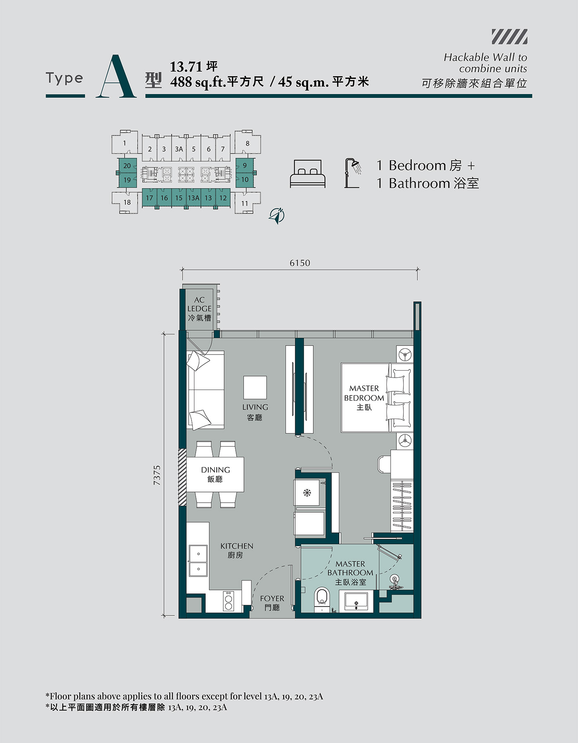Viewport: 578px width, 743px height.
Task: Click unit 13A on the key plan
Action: (194, 198)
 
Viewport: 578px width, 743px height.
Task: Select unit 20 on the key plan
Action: (127, 166)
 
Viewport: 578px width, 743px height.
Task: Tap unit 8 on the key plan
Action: (248, 143)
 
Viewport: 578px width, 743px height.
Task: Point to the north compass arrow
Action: (277, 215)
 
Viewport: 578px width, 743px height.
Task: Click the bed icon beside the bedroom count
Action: (308, 174)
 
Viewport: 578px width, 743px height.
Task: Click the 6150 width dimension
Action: (300, 263)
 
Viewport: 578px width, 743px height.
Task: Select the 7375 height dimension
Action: (157, 475)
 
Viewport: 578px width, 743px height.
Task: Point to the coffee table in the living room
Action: (255, 387)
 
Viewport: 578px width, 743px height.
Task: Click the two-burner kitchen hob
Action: (228, 601)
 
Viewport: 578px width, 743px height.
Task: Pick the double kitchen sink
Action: (198, 561)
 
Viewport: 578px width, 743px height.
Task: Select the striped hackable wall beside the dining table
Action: (182, 477)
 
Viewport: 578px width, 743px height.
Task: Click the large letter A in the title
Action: (116, 77)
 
